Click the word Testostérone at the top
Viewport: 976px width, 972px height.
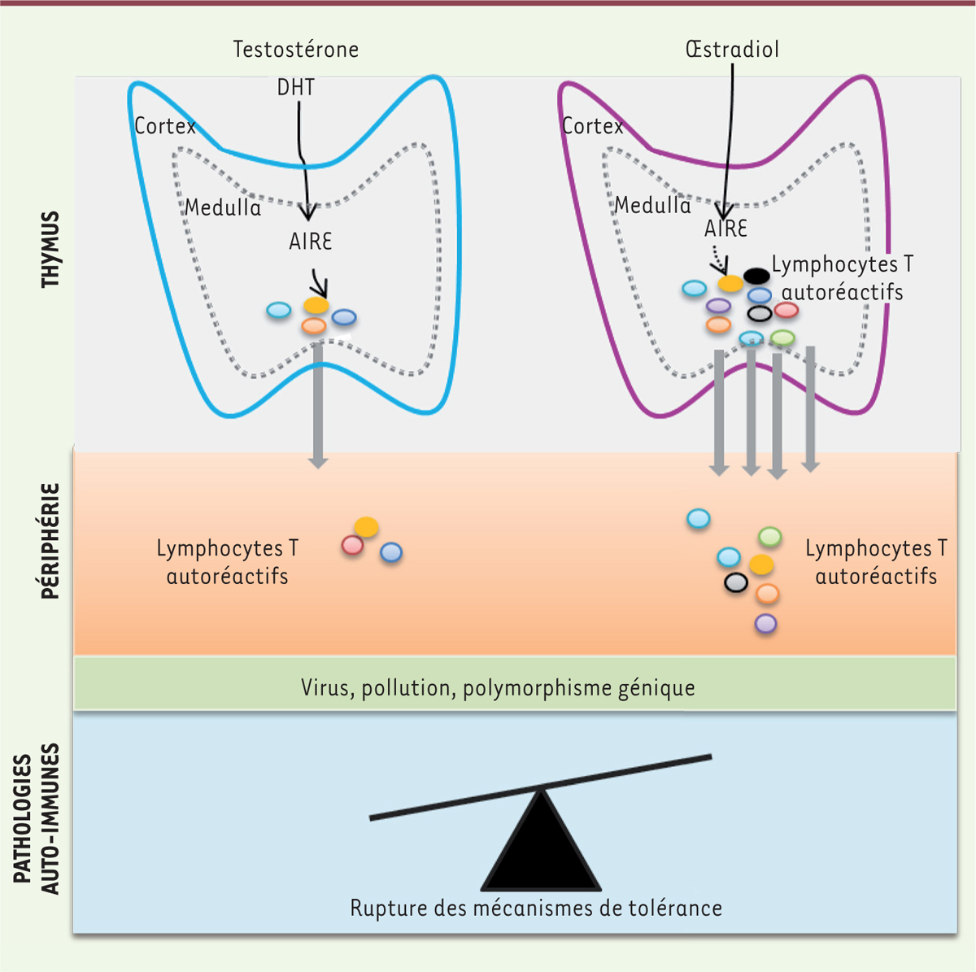tap(295, 50)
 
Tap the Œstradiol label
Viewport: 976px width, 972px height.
tap(732, 50)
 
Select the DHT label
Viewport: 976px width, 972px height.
tap(295, 87)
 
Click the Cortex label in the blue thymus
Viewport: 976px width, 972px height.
tap(165, 126)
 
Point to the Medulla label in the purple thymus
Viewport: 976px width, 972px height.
tap(652, 205)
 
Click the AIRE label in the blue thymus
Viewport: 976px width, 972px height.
tap(311, 242)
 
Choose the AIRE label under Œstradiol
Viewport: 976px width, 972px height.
tap(725, 229)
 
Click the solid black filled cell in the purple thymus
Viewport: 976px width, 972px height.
tap(756, 277)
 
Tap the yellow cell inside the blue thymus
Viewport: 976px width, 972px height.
tap(316, 305)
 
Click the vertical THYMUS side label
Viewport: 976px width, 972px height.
tap(51, 249)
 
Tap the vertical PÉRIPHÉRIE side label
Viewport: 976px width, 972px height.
tap(51, 541)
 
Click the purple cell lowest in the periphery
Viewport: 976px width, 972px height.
tap(765, 624)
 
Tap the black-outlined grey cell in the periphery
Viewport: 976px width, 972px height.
tap(736, 582)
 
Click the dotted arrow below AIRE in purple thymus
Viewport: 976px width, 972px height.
tap(716, 261)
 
